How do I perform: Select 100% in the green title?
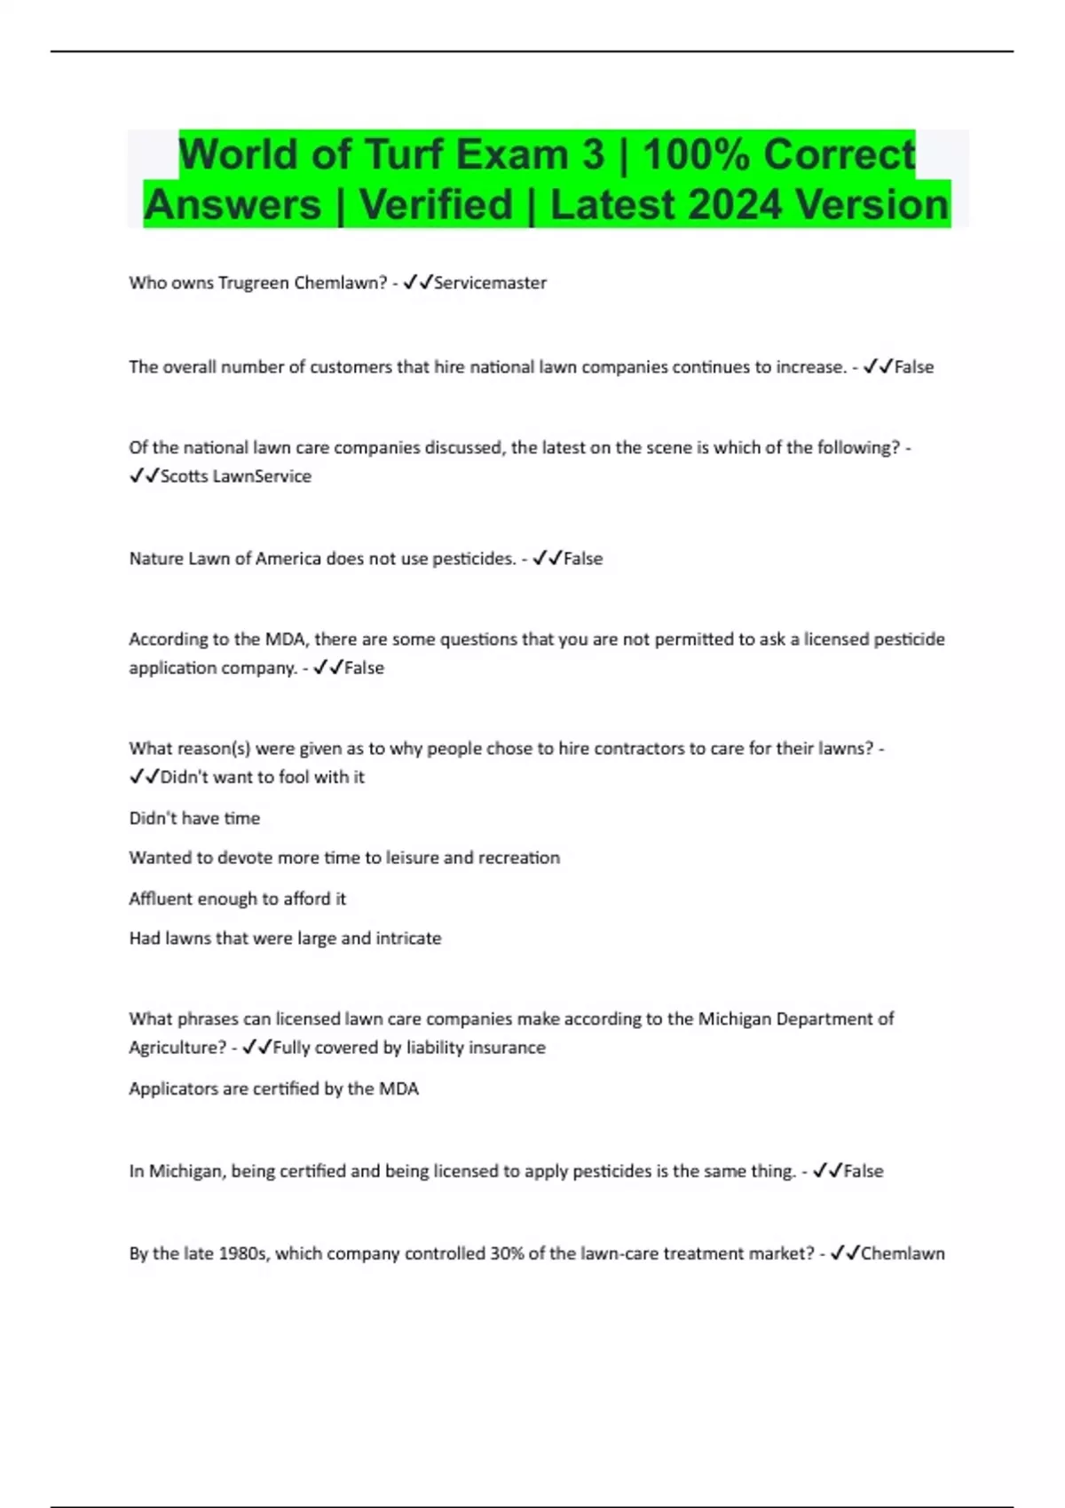[697, 154]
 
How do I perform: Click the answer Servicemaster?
[490, 283]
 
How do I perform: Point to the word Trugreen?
[253, 283]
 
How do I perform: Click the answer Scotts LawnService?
[236, 476]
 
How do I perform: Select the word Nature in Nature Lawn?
[156, 559]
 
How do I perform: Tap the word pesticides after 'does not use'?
[473, 559]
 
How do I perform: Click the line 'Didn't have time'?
[194, 818]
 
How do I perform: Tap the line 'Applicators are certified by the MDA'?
[273, 1088]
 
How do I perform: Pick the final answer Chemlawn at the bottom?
[903, 1253]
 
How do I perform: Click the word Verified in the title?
[436, 205]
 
